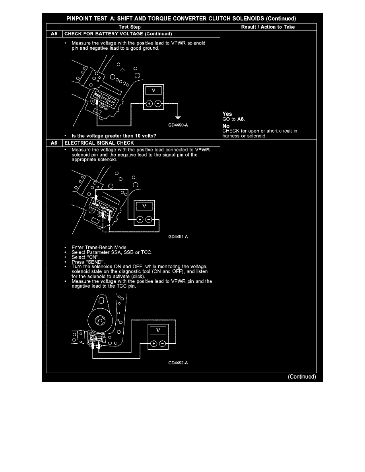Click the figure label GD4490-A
[178, 125]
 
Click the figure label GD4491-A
[178, 237]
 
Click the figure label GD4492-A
[178, 363]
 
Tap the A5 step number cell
[54, 34]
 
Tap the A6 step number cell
[54, 143]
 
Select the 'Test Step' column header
[130, 27]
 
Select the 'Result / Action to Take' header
[268, 27]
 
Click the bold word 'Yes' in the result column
[227, 114]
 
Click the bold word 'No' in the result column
[226, 126]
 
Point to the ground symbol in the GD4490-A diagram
[178, 117]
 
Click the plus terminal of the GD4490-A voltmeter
[149, 104]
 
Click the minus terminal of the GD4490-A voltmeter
[158, 104]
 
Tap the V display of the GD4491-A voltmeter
[144, 206]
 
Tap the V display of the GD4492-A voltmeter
[158, 330]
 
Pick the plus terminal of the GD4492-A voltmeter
[153, 343]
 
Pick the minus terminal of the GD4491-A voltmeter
[148, 219]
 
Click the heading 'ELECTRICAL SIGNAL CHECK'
[99, 143]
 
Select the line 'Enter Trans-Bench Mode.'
[99, 248]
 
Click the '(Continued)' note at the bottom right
[302, 377]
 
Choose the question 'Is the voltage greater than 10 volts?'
[114, 136]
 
